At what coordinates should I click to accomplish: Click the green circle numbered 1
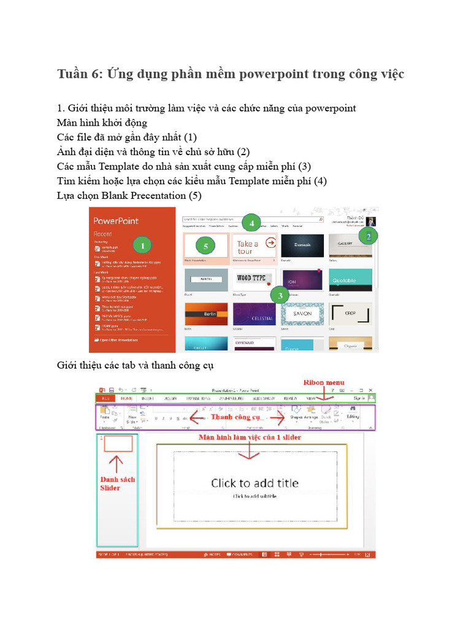(x=142, y=246)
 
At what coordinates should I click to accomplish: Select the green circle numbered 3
(x=280, y=296)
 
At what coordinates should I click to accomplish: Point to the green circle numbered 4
(x=251, y=224)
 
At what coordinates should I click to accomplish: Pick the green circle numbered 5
(x=205, y=247)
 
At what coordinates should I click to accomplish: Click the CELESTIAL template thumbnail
(x=255, y=313)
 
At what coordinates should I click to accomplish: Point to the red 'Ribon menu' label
(x=324, y=383)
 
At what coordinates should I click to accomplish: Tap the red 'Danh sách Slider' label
(x=117, y=483)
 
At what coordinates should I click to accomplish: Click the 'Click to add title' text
(x=255, y=483)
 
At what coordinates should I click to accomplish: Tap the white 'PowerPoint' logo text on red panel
(x=115, y=221)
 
